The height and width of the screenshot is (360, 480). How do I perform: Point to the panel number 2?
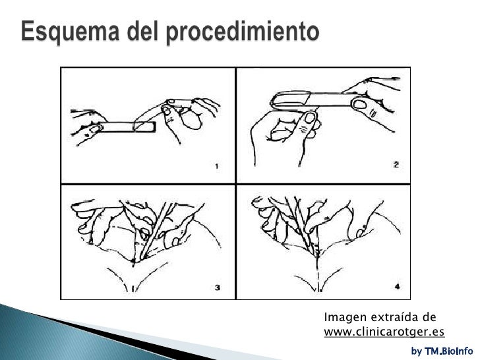(x=396, y=165)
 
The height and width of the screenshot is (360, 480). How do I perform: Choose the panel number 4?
(x=396, y=286)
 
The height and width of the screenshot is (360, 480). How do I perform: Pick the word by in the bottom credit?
(x=416, y=351)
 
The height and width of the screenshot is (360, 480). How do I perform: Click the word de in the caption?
(x=422, y=319)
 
